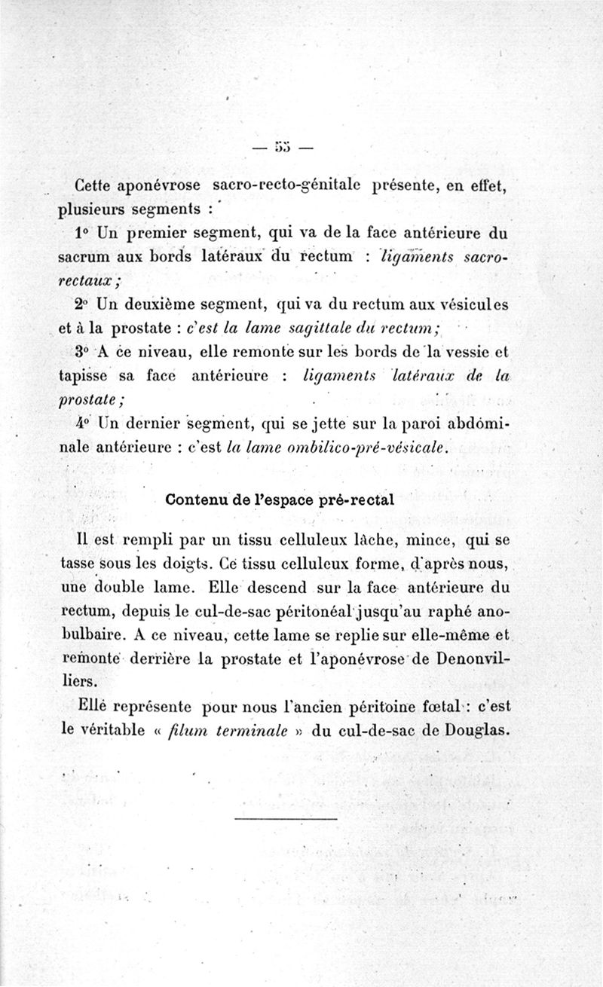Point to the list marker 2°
pos(83,305)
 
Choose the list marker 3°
pos(83,351)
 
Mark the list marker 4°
pos(83,423)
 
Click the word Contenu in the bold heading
pos(198,500)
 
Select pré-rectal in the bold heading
pos(356,500)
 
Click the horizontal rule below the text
pos(286,818)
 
